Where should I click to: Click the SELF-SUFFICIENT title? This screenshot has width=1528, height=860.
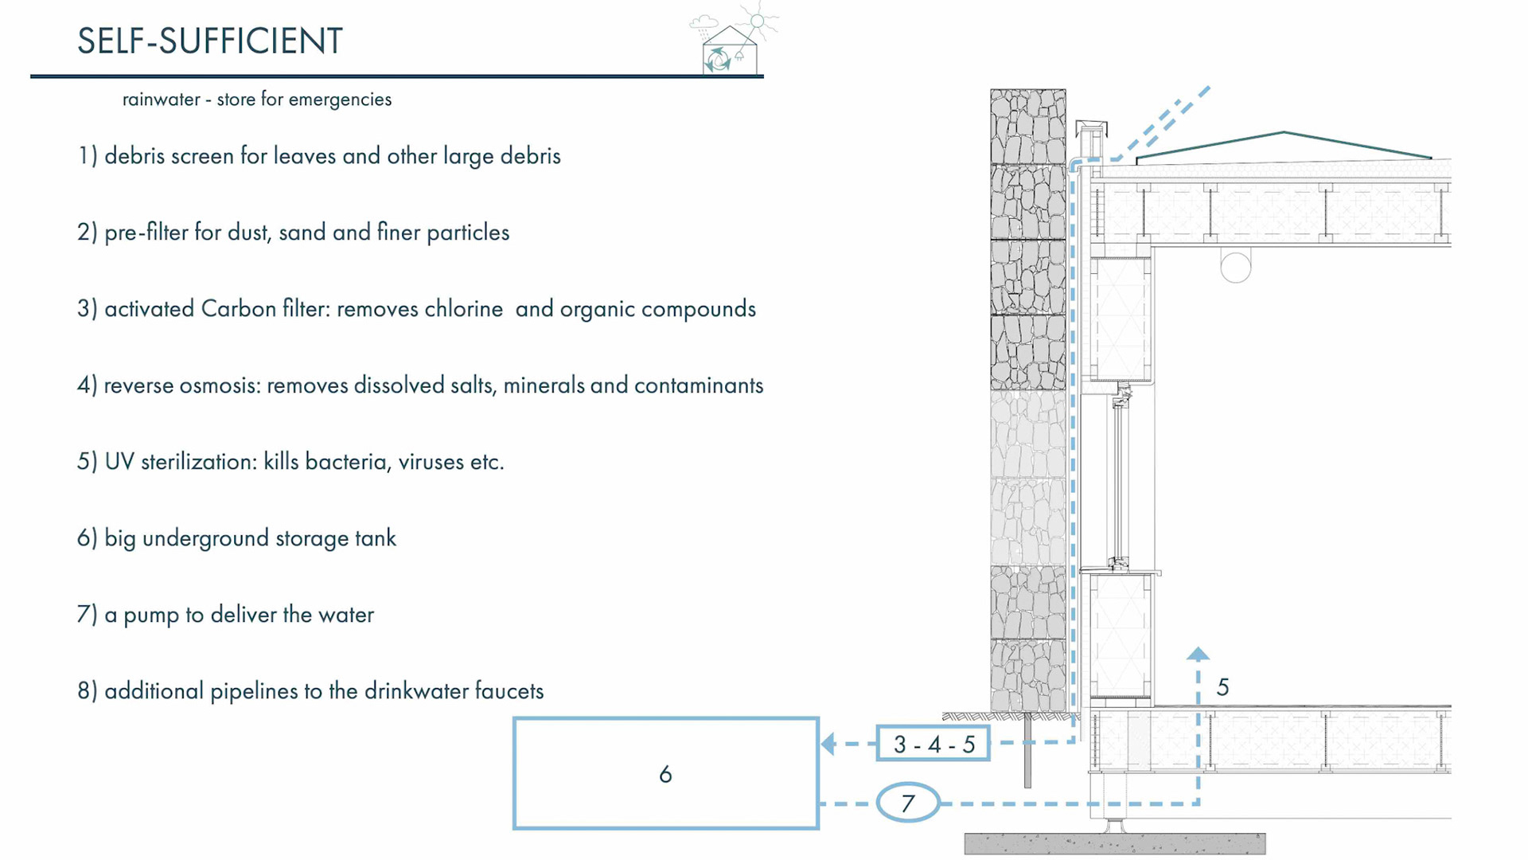209,41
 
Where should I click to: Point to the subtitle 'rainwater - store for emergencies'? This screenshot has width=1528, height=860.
256,100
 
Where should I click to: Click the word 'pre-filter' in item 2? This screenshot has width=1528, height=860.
146,233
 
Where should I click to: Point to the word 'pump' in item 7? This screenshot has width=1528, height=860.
151,616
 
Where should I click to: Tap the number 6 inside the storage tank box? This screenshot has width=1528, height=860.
665,774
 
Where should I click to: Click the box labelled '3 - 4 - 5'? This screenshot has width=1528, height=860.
934,744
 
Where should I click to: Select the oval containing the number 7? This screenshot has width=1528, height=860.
908,803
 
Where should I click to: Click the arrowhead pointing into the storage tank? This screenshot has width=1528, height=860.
828,744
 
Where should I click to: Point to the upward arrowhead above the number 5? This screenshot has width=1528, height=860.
1198,655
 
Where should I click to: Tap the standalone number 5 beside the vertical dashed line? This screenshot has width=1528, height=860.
1223,687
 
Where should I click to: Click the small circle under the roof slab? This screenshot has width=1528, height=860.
1236,267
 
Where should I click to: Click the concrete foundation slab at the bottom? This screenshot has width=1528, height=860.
1114,843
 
